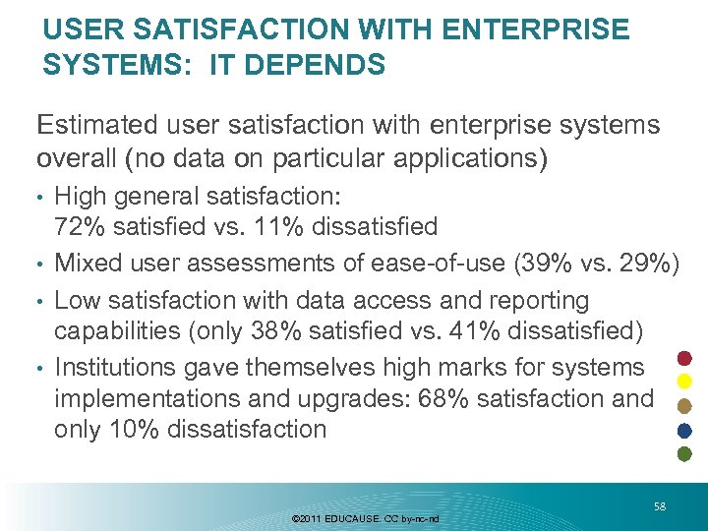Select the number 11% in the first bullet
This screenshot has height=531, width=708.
coord(283,227)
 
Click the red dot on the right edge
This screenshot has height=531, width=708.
coord(685,357)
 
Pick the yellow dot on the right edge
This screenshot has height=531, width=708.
coord(685,382)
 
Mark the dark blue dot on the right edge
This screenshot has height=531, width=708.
coord(685,430)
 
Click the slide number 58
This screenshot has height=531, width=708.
coord(660,506)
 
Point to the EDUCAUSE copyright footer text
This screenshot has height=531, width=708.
coord(366,518)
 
